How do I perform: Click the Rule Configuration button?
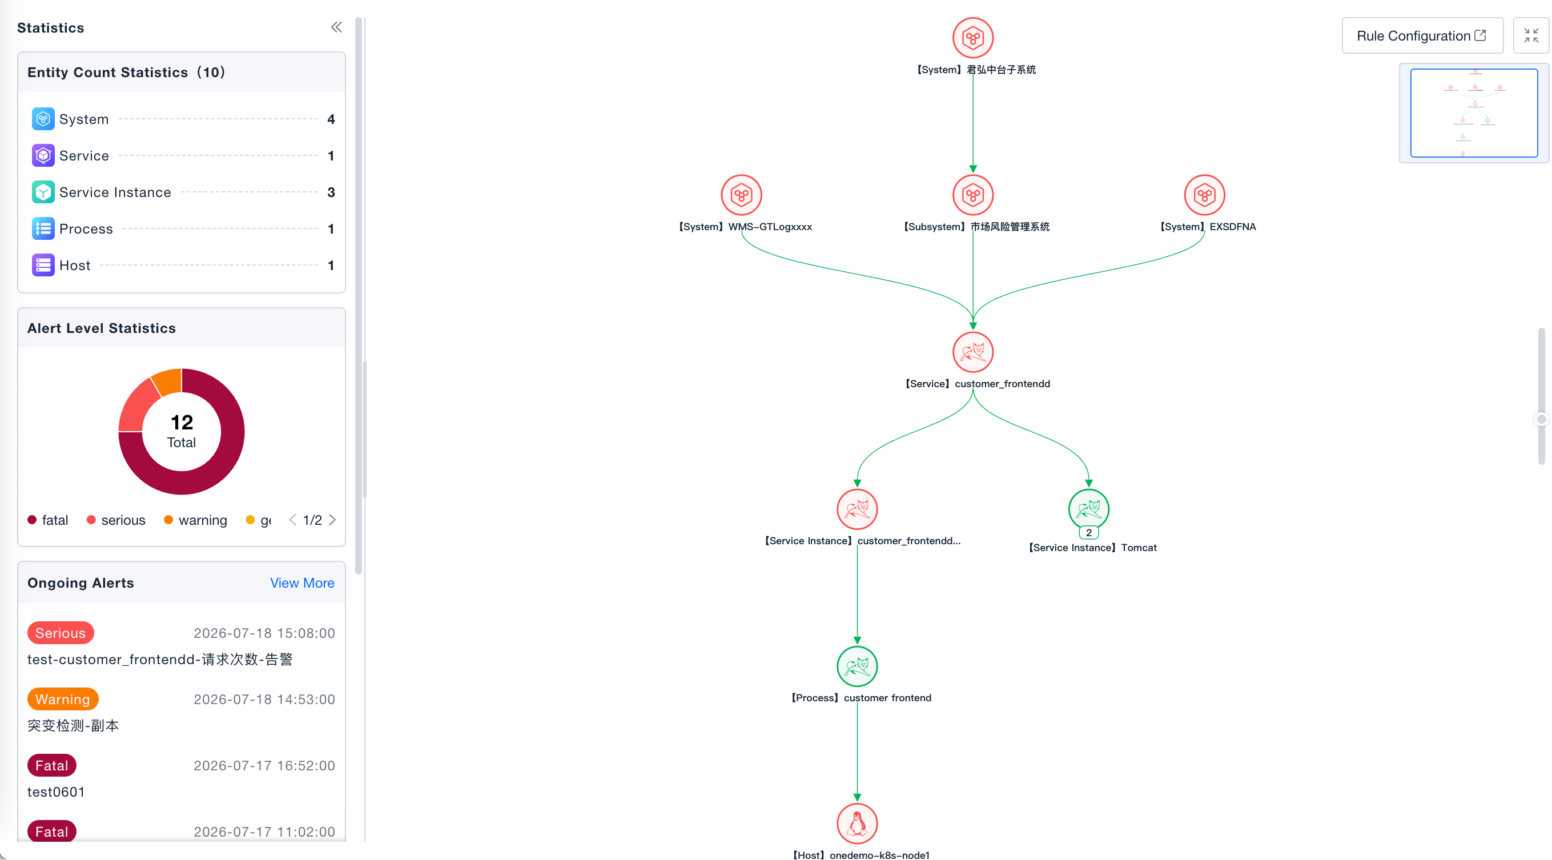(1422, 35)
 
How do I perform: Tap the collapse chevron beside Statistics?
(336, 27)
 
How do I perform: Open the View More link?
(302, 583)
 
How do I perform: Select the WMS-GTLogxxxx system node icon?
(741, 195)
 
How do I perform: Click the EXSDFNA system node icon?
(1204, 195)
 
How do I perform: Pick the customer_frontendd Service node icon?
(972, 352)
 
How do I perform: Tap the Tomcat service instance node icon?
(1088, 509)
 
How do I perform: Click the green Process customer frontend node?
(857, 666)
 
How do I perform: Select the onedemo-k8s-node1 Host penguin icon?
(857, 823)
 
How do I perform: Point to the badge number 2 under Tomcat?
(1088, 533)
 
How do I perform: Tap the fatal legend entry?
(48, 520)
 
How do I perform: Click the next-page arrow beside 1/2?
(332, 520)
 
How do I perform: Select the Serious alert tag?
(61, 633)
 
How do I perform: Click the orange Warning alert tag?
(63, 699)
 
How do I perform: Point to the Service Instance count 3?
(331, 192)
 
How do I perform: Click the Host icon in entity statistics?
(43, 265)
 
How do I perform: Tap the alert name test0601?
(56, 792)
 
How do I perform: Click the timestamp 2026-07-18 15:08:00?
(264, 633)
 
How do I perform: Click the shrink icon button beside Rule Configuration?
(1531, 35)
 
